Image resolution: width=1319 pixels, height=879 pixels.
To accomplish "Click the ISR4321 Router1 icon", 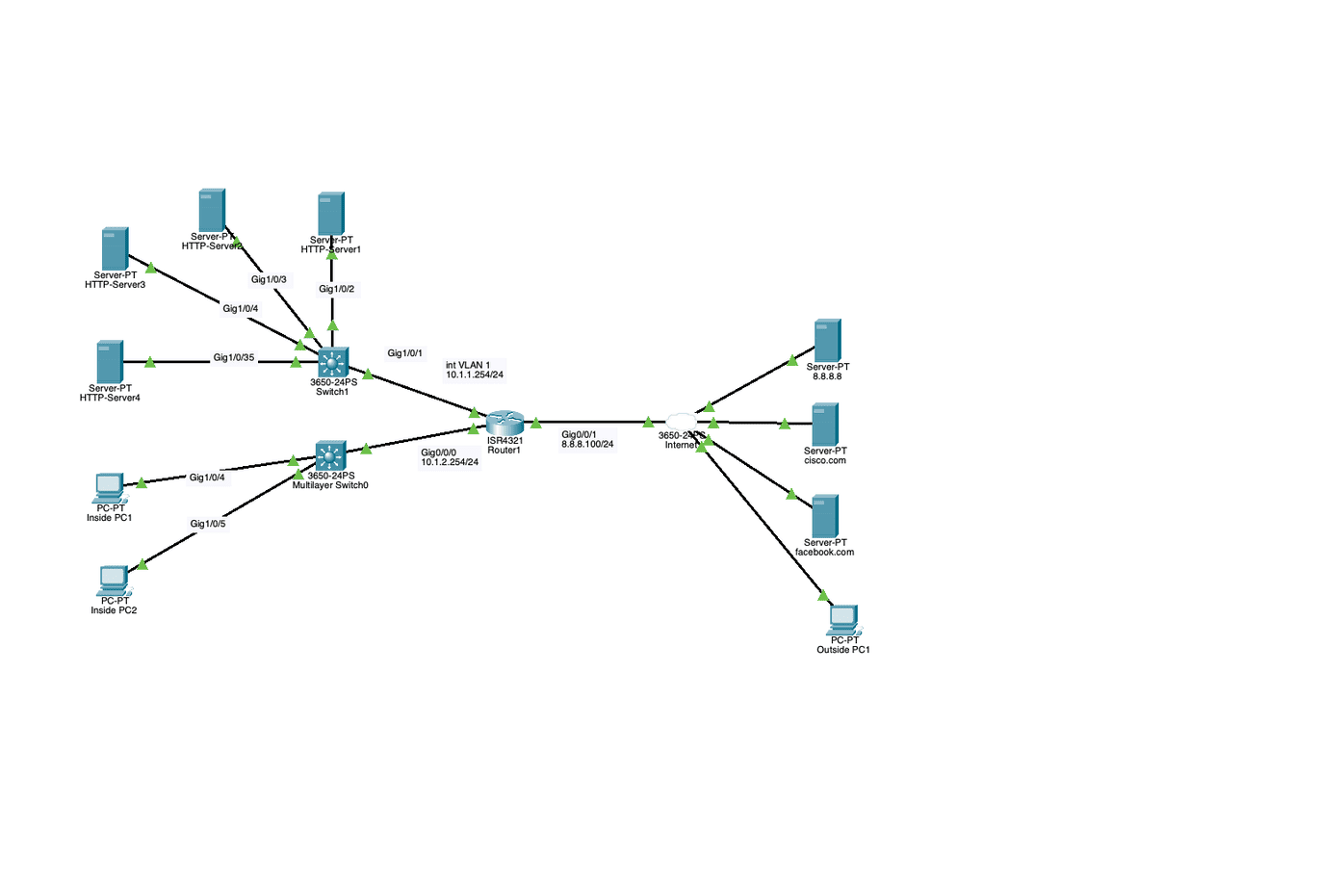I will (503, 422).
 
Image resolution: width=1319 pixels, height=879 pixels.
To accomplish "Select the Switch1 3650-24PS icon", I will (332, 362).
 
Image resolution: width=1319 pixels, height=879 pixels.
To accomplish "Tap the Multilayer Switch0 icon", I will (330, 455).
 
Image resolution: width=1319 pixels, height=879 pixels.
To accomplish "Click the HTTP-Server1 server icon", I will (331, 214).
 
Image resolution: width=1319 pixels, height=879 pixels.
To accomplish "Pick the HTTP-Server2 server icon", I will (212, 210).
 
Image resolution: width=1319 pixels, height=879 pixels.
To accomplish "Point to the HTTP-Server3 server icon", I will (115, 248).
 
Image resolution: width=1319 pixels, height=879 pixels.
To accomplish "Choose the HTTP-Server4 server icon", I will (110, 362).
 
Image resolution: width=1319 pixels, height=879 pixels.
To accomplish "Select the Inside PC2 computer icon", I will (114, 580).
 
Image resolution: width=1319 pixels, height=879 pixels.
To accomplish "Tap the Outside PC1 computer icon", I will (843, 618).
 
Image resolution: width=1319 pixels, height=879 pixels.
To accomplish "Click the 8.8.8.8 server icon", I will (827, 341).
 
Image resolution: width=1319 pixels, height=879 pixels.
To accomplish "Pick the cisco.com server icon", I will (825, 425).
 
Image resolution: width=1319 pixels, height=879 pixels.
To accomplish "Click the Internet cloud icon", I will (681, 422).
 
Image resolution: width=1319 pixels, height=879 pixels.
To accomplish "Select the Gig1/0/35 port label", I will (234, 358).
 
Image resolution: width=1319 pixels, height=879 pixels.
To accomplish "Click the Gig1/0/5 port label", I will (208, 524).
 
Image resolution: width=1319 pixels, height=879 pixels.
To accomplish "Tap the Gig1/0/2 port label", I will (337, 289).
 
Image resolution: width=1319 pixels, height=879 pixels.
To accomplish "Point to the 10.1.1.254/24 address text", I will (475, 375).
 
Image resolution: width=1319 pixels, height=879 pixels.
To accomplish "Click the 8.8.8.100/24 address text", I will (587, 444).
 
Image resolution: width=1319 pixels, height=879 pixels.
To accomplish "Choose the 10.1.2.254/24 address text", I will (450, 462).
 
